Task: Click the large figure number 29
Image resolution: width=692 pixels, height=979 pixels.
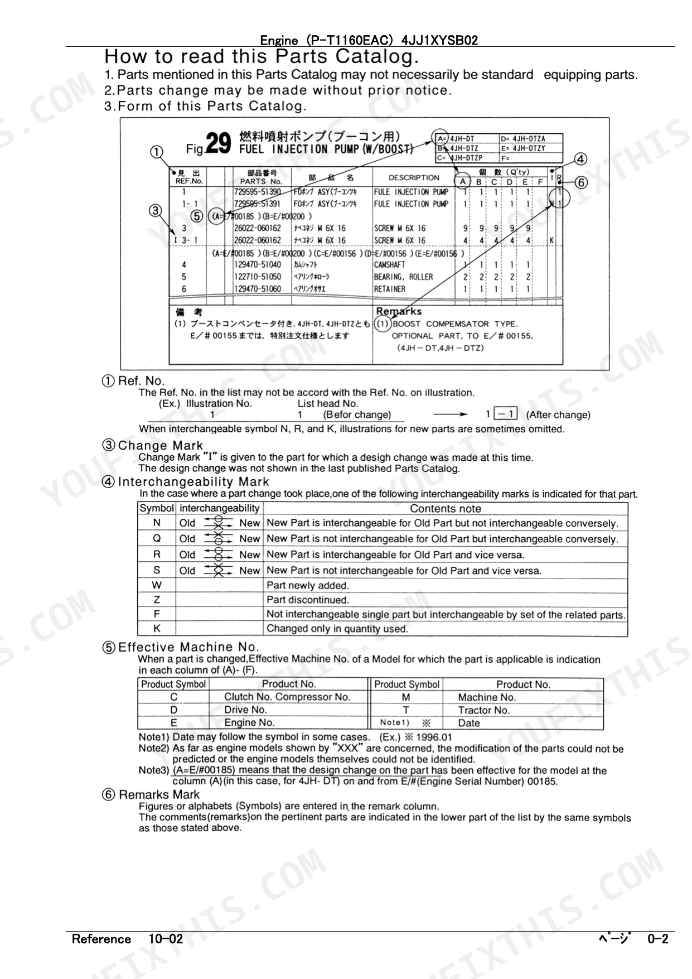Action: tap(218, 143)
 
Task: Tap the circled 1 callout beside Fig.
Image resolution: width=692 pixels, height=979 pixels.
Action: tap(157, 152)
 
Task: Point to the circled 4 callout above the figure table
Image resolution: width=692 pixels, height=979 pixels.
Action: tap(580, 159)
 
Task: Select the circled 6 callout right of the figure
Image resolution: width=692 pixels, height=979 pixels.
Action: tap(580, 182)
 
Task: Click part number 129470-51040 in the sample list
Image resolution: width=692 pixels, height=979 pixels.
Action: tap(258, 265)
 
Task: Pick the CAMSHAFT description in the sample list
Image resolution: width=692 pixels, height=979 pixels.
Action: tap(389, 265)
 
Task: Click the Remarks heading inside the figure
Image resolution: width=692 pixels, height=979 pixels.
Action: tap(399, 311)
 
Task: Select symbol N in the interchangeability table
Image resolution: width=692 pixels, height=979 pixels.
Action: tap(157, 523)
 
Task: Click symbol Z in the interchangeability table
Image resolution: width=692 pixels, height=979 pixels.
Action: tap(157, 600)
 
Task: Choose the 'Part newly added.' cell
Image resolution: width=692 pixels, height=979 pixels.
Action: tap(307, 585)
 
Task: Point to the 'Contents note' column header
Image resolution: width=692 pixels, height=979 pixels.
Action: tap(445, 508)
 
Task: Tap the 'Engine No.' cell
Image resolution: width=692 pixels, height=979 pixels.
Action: tap(249, 722)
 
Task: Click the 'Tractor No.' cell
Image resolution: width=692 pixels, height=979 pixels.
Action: tap(483, 710)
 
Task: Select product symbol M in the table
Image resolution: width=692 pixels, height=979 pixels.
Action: tap(406, 697)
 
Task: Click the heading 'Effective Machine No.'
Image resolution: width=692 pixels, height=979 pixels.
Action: tap(188, 647)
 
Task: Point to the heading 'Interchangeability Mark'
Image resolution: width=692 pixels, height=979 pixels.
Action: tap(193, 481)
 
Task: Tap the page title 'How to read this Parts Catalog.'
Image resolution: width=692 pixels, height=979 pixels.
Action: tap(261, 56)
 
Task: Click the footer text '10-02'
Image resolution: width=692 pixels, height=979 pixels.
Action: tap(166, 939)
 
